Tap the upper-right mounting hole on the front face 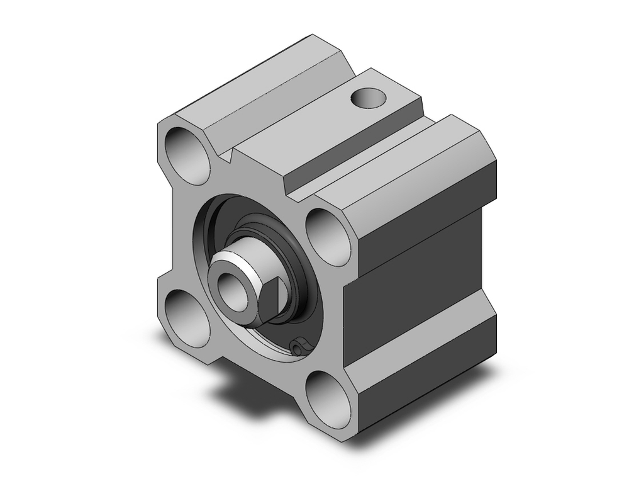(x=328, y=234)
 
